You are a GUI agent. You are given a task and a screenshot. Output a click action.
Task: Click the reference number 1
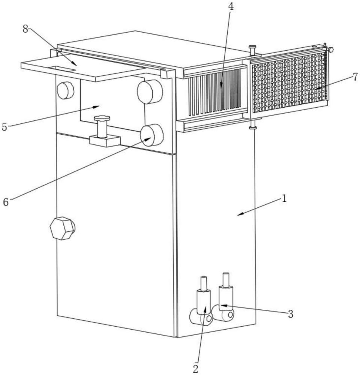[x=284, y=198]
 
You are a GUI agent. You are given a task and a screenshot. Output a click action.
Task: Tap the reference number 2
[x=196, y=369]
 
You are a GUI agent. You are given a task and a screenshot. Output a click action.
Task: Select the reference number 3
[x=290, y=314]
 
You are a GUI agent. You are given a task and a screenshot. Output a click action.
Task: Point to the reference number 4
[x=231, y=7]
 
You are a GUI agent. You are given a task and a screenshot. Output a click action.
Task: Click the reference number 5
[x=4, y=127]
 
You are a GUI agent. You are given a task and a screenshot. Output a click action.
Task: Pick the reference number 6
[x=6, y=202]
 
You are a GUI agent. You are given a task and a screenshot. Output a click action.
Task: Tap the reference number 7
[x=355, y=77]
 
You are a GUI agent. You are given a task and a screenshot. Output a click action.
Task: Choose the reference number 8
[x=25, y=29]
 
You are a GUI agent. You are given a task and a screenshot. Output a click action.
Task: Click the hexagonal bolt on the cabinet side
[x=62, y=228]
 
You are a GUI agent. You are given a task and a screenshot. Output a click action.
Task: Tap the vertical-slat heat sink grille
[x=214, y=91]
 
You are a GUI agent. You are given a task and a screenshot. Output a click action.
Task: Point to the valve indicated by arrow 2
[x=202, y=304]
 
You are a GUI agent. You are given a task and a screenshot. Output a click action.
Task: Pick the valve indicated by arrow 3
[x=223, y=299]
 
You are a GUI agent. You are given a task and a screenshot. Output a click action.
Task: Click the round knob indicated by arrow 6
[x=151, y=135]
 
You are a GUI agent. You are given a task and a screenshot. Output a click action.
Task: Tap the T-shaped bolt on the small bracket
[x=102, y=126]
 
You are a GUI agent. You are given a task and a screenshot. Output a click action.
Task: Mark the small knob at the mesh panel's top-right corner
[x=331, y=50]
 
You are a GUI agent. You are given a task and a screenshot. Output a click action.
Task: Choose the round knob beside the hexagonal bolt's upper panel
[x=65, y=90]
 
